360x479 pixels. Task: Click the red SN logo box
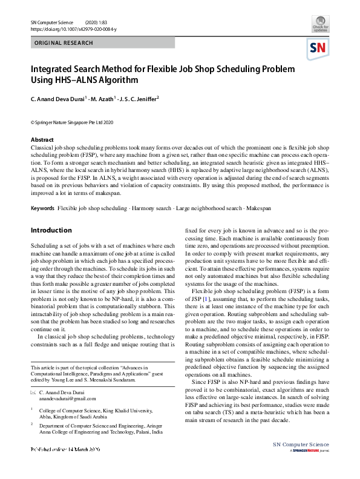pos(319,48)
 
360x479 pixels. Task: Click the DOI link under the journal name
pos(73,29)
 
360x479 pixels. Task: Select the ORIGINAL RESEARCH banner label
pos(64,43)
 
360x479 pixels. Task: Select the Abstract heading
pos(42,140)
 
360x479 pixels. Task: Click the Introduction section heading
pos(51,230)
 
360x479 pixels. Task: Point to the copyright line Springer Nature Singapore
pos(72,122)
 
